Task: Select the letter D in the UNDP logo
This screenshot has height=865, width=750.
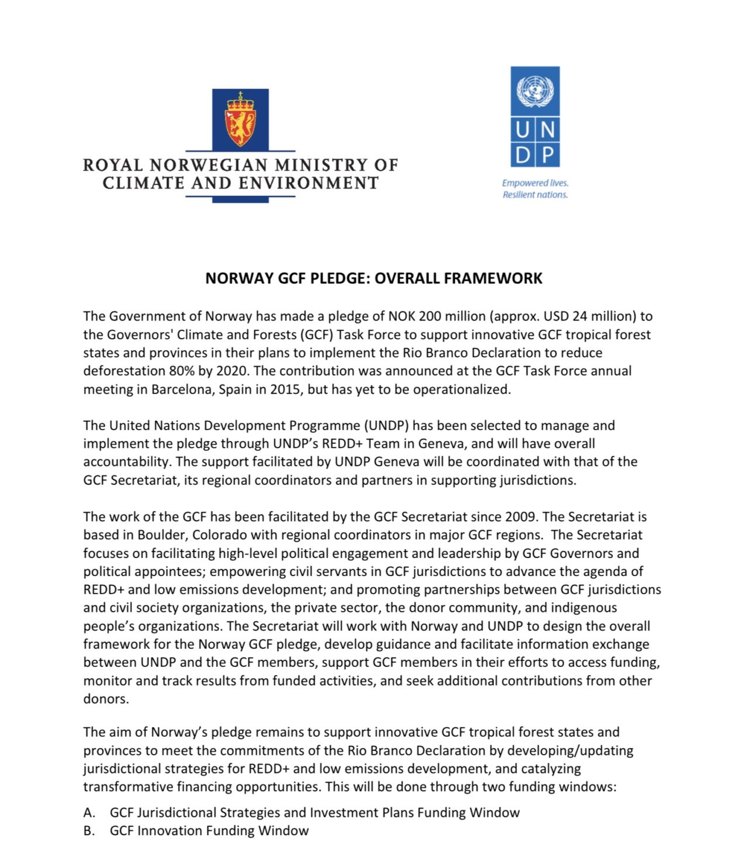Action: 523,155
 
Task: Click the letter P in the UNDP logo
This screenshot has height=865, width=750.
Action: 547,155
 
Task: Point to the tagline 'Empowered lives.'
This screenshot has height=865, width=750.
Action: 535,183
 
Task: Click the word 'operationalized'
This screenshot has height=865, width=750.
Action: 462,389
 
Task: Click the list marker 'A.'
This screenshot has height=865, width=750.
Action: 89,813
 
